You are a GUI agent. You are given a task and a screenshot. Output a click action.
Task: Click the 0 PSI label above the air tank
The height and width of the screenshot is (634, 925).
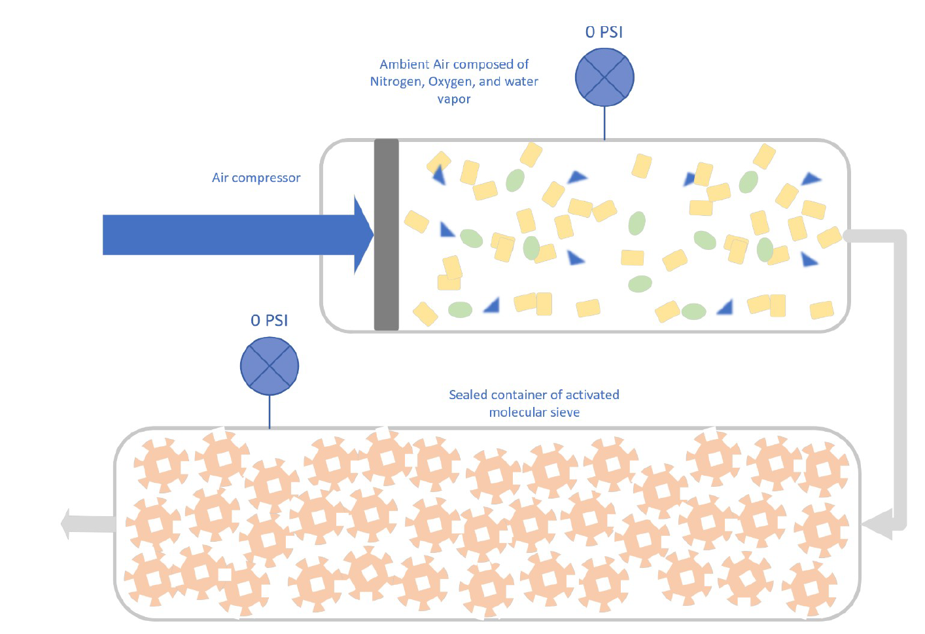[603, 32]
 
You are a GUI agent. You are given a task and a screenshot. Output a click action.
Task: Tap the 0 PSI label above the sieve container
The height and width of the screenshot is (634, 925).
[269, 321]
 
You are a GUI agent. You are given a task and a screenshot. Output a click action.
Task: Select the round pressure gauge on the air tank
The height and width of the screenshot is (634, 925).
[604, 77]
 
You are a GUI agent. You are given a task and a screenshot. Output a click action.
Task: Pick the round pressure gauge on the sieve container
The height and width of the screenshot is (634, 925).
[270, 366]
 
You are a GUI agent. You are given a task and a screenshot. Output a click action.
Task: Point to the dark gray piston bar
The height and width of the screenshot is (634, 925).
[386, 234]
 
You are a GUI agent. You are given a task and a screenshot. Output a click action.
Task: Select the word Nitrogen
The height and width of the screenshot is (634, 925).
[396, 82]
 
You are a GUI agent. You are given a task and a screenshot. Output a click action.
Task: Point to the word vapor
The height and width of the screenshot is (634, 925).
[454, 99]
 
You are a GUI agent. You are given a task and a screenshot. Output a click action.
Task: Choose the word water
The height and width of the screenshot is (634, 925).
[521, 82]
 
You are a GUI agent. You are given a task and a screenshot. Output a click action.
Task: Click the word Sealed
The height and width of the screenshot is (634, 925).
[468, 395]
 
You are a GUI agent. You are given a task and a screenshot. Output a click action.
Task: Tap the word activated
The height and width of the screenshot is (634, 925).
[592, 395]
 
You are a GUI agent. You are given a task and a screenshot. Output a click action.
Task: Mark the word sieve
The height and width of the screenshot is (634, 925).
[565, 412]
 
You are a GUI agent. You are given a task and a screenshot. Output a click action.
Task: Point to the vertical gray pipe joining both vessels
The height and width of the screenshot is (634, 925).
[900, 379]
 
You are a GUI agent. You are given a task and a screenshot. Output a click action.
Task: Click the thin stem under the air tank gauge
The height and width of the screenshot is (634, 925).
[604, 123]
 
